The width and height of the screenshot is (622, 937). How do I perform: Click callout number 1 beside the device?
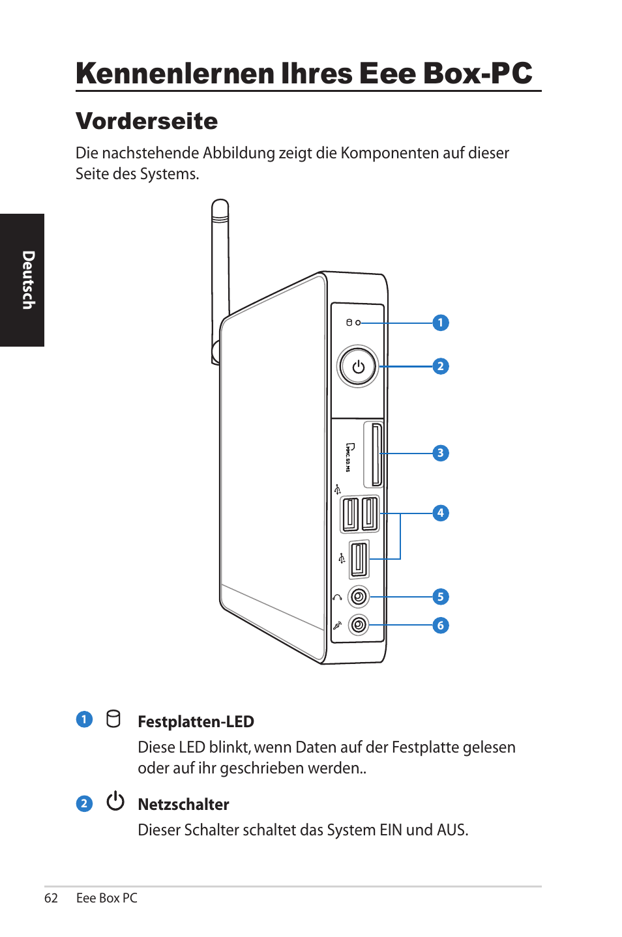pos(441,323)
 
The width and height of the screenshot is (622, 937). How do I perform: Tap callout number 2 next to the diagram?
pos(441,366)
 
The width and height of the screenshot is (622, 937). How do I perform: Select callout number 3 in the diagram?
pos(441,453)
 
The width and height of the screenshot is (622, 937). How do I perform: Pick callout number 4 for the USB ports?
pos(441,513)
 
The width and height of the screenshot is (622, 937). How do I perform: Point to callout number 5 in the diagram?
pos(441,597)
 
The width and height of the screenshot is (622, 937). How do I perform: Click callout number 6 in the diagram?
pos(441,626)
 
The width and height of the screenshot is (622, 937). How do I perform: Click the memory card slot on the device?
pos(376,455)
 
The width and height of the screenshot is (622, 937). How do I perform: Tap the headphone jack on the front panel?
pos(358,597)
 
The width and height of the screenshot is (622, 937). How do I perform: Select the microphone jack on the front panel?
pos(358,626)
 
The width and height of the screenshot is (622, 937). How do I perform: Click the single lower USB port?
pos(359,559)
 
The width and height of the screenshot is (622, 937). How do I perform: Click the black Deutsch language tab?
pos(22,280)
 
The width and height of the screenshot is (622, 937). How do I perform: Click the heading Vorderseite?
pos(147,121)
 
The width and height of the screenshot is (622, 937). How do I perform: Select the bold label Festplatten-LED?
pos(196,721)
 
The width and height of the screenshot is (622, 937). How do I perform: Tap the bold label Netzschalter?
pos(183,804)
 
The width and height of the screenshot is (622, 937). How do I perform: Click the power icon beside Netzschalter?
pos(115,801)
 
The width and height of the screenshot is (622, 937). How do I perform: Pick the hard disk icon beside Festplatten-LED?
pos(113,719)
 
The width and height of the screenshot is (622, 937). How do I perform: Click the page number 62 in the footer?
pos(51,898)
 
